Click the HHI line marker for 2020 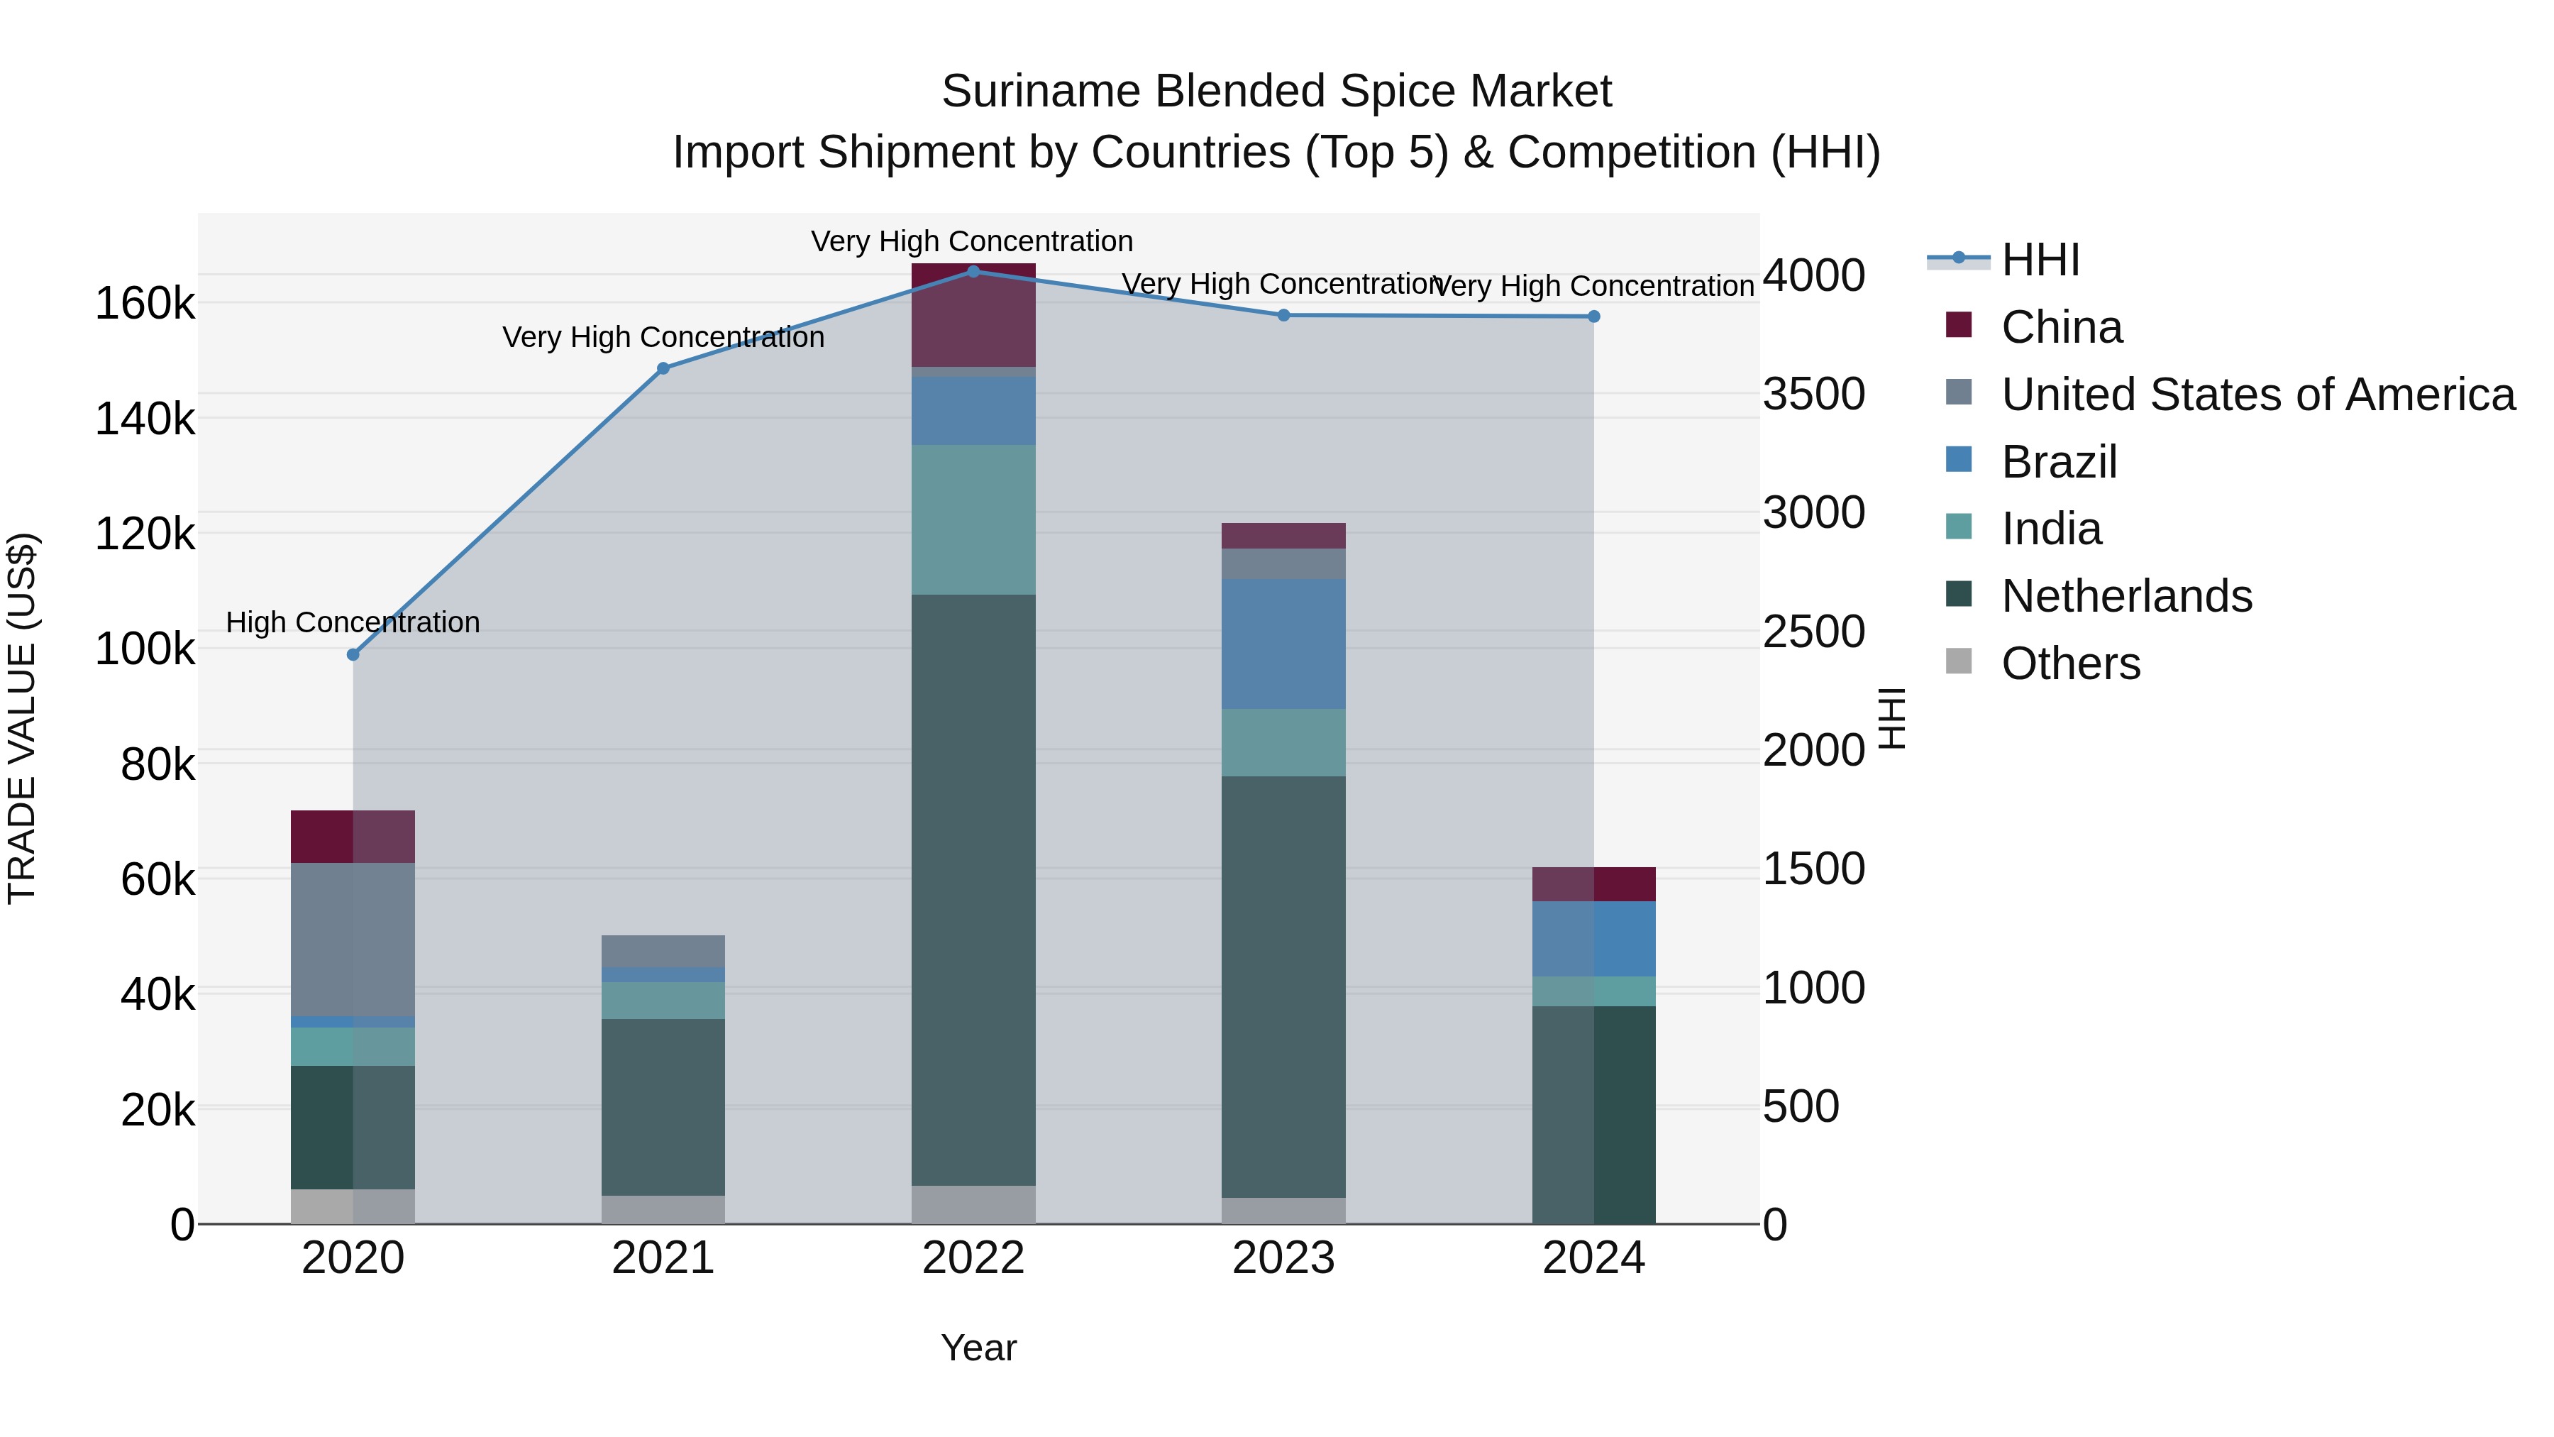[x=353, y=654]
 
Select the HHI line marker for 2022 [x=973, y=272]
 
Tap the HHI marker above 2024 [x=1593, y=316]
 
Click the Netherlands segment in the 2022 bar [x=973, y=890]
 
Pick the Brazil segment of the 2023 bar [x=1283, y=644]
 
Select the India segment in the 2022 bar [x=973, y=519]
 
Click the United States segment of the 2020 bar [x=353, y=939]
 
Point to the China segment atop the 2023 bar [x=1283, y=536]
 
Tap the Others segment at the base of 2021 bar [x=663, y=1209]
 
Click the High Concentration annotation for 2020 [x=353, y=623]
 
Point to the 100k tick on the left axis [x=145, y=649]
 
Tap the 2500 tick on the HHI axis [x=1813, y=632]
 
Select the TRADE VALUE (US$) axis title [x=23, y=718]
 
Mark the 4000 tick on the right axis [x=1813, y=276]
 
